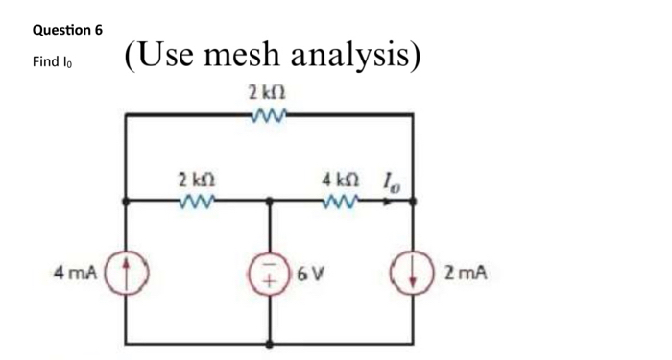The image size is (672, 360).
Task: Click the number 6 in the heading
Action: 98,30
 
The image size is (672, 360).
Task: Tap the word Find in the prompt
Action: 44,61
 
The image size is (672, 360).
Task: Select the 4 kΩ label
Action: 341,180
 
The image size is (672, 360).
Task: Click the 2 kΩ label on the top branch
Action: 266,94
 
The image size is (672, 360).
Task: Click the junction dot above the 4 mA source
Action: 125,202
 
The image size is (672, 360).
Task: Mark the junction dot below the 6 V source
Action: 270,343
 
